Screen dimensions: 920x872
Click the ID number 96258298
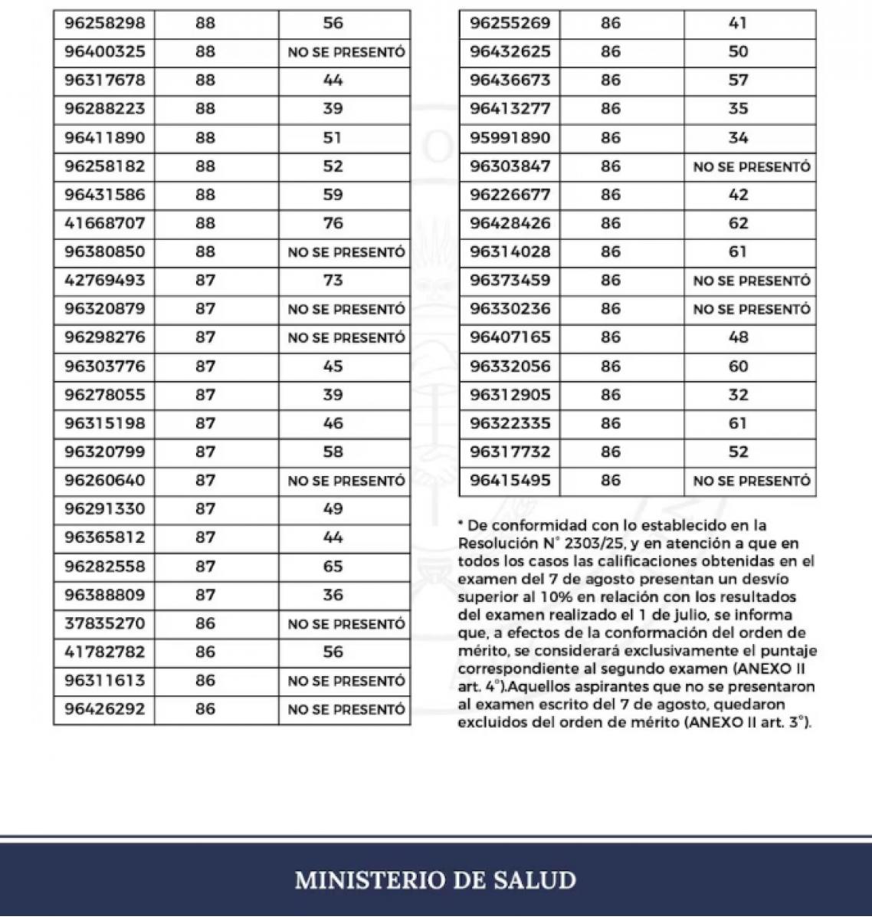pos(104,23)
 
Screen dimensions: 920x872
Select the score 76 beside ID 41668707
pos(333,223)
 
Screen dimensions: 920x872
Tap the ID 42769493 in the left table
pos(104,280)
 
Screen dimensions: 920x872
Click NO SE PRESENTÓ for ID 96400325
pos(346,52)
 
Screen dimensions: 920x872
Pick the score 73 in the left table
pos(333,280)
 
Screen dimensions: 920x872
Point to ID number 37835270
pos(104,623)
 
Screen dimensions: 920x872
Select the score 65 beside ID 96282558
pos(333,567)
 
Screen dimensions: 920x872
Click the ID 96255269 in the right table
pos(510,23)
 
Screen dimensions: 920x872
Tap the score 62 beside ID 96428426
pos(738,223)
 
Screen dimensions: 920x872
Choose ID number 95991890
pos(510,138)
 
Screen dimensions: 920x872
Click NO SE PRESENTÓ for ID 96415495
pos(751,481)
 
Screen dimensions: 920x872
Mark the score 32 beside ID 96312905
pos(738,395)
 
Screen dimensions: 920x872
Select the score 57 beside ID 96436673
pos(738,80)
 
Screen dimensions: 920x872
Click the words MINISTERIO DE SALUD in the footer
pos(435,879)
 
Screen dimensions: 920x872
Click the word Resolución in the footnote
pos(496,544)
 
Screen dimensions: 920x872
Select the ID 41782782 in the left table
pos(104,652)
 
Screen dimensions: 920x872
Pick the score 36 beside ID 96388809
pos(333,595)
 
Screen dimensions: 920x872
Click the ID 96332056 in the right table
pos(510,366)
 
